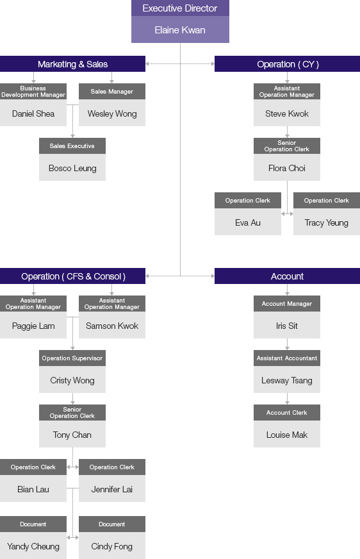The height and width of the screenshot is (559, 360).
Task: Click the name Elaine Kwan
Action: point(180,30)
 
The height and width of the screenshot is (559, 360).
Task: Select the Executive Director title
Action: point(180,8)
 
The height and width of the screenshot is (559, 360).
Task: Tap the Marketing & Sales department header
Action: point(72,64)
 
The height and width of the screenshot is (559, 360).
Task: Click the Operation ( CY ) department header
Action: point(287,64)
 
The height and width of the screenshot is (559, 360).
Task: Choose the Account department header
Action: point(287,276)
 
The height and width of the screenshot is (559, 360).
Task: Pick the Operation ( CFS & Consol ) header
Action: point(72,276)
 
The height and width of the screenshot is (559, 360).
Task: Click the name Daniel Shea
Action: point(33,113)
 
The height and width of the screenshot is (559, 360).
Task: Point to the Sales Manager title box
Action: point(112,91)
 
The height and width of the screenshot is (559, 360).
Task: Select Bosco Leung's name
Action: point(72,168)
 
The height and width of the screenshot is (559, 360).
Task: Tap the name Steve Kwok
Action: point(286,113)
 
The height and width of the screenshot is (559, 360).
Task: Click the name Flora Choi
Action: point(286,168)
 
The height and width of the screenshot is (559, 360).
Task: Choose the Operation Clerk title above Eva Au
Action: point(248,201)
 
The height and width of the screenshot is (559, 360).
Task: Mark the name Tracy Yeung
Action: point(327,223)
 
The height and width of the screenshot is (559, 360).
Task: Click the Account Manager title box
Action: point(286,303)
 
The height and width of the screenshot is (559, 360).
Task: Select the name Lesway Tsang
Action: point(286,380)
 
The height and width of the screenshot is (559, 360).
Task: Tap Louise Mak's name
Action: point(286,435)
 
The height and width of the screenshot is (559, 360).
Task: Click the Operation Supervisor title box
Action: point(72,358)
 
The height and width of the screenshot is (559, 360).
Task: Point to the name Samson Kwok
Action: point(112,326)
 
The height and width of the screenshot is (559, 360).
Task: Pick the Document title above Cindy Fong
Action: point(112,524)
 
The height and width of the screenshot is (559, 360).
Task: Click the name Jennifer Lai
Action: point(112,490)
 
